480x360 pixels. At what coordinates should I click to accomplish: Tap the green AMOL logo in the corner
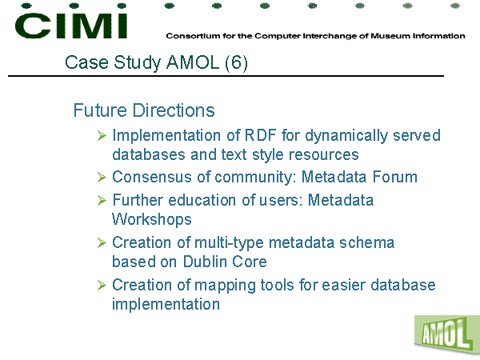(x=447, y=335)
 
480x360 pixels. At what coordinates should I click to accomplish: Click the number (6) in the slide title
(x=236, y=62)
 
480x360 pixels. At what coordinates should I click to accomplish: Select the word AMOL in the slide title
(x=193, y=62)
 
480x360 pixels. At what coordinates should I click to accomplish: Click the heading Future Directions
(x=144, y=110)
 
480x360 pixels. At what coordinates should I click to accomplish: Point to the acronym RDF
(x=261, y=135)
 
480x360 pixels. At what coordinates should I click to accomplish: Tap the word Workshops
(x=152, y=219)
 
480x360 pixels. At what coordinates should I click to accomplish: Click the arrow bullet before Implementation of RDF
(x=102, y=135)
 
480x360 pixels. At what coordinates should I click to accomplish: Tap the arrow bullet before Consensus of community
(x=102, y=177)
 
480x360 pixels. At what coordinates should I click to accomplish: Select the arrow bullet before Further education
(x=102, y=200)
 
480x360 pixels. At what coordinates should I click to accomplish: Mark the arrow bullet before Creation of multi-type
(x=102, y=242)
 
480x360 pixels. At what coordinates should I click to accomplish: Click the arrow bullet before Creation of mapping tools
(x=102, y=285)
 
